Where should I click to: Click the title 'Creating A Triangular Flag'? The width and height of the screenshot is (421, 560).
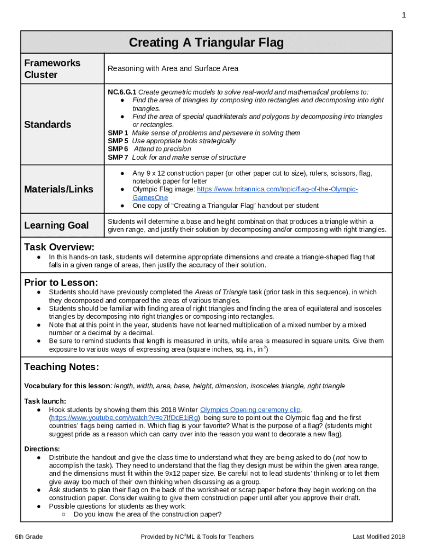click(206, 43)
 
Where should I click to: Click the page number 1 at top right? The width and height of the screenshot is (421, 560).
click(404, 15)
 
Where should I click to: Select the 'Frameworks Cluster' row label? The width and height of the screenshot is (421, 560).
click(52, 69)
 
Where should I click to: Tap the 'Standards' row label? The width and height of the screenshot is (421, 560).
click(48, 125)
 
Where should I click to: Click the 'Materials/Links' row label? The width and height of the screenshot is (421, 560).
click(59, 189)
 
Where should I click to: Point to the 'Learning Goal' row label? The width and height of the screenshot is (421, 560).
click(56, 225)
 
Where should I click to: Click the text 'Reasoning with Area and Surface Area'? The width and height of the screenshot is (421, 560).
click(173, 69)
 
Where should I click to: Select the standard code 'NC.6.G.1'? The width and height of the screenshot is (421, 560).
click(122, 92)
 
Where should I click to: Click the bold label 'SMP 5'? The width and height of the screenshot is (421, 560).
click(118, 141)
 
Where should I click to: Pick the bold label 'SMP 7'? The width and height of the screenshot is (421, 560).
click(118, 157)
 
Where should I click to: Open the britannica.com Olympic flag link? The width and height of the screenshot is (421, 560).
click(277, 189)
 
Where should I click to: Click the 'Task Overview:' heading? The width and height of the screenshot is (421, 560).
click(59, 247)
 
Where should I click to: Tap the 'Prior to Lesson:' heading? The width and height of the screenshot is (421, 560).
click(61, 283)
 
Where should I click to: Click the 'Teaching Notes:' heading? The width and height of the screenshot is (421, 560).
click(61, 366)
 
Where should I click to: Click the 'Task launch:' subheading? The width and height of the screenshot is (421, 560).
click(45, 401)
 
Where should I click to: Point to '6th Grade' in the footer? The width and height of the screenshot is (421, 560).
click(29, 537)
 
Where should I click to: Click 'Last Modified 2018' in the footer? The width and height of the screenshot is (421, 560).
click(378, 537)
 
